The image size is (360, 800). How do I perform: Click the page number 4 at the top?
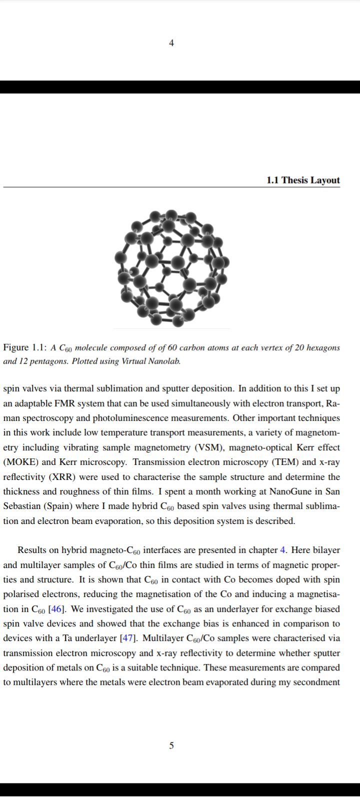(171, 43)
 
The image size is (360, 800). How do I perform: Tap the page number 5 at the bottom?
(171, 745)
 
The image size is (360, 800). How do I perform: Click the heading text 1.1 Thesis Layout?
(303, 180)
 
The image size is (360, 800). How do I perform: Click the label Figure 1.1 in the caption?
(25, 347)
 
